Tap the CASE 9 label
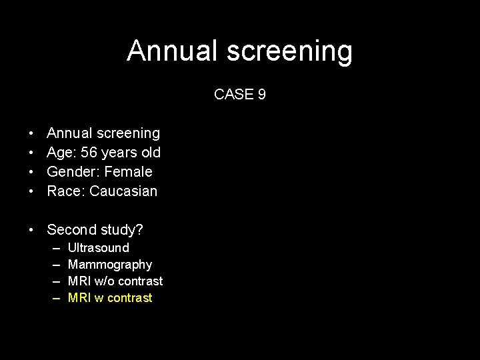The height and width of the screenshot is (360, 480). click(x=240, y=95)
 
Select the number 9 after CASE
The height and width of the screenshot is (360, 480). click(x=262, y=95)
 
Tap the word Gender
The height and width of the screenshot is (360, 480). click(x=69, y=172)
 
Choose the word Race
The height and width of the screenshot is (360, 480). click(x=63, y=191)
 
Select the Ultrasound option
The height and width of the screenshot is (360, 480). click(x=99, y=248)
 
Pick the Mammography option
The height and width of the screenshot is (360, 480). click(x=110, y=265)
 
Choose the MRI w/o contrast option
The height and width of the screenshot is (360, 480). click(x=115, y=281)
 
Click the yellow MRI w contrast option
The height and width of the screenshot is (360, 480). click(x=110, y=298)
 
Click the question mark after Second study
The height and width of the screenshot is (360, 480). click(x=139, y=230)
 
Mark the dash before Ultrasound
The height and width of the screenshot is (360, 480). click(x=56, y=248)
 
